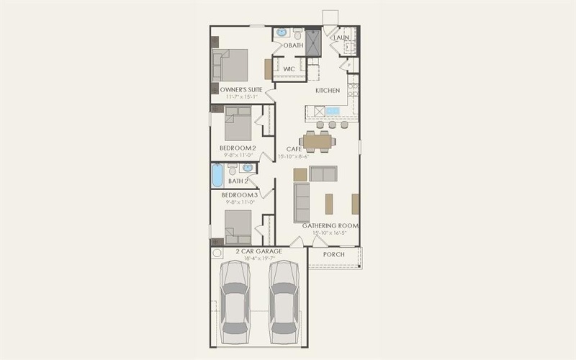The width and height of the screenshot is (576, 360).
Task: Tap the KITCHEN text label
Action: [328, 91]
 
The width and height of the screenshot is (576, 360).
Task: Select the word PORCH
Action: [333, 255]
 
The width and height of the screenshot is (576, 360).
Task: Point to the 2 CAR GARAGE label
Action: [258, 251]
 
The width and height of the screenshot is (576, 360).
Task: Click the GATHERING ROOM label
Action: [330, 225]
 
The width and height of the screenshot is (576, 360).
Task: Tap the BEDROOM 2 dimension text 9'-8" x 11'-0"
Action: [238, 155]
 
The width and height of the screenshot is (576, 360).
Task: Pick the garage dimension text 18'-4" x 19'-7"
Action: [258, 258]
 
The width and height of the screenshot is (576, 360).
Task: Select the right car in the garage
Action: [284, 302]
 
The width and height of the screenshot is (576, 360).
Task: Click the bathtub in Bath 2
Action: [217, 176]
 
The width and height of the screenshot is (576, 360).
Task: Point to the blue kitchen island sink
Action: [333, 111]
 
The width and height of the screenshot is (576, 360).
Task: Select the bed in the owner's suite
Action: [230, 65]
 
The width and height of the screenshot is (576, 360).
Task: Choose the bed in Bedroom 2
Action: [237, 124]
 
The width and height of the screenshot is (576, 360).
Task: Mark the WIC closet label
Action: [289, 69]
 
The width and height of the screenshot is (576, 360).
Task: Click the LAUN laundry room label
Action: [341, 37]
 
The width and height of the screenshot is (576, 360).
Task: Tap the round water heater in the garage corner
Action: [217, 254]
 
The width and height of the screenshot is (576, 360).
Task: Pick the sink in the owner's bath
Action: [282, 32]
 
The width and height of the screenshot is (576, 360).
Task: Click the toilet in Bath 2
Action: [232, 171]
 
